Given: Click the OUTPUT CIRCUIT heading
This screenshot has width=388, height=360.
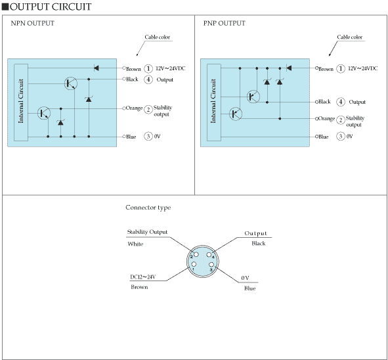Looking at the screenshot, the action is point(51,7).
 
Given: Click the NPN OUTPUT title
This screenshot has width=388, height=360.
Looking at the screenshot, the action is point(32,23).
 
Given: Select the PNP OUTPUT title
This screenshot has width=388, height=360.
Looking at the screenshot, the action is point(224,23).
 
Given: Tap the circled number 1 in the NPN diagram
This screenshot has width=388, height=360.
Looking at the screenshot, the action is point(148,68).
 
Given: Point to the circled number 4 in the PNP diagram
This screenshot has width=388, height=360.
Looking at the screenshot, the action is point(341,102).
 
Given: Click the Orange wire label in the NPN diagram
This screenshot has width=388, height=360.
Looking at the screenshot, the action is point(134,108).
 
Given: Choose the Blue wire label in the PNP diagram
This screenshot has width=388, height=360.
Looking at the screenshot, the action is point(323,137).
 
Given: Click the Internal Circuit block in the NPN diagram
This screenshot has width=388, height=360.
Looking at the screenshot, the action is point(21,102).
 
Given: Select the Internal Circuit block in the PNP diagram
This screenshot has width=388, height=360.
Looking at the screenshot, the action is point(214,102).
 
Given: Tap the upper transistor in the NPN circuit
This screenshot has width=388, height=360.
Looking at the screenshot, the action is point(71,83).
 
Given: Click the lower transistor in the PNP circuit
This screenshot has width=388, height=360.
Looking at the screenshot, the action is point(236,114).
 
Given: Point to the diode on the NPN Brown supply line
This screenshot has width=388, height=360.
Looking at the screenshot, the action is point(97,68).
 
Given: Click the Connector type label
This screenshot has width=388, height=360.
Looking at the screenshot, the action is point(148,208).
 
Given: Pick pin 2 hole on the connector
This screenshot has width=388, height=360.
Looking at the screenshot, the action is point(196,254).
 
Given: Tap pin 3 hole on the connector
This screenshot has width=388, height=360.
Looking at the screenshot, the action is point(211,265).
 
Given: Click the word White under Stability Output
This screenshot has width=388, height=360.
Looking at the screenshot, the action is point(135,244).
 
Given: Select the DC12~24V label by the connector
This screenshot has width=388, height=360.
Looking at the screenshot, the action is point(142,277).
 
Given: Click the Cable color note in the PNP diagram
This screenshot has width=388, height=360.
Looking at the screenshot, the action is point(350,37).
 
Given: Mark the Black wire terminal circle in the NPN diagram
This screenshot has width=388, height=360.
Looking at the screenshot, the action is point(124,79).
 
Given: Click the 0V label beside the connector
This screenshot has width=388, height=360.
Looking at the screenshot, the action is point(245,278).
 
